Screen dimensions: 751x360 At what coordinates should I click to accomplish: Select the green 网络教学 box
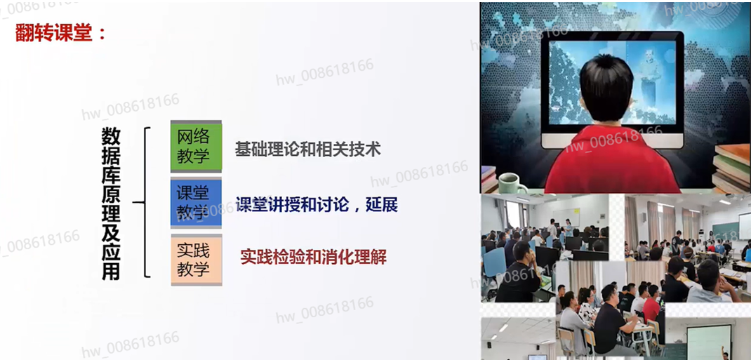[x=197, y=147]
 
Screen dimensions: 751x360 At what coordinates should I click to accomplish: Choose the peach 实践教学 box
[x=197, y=260]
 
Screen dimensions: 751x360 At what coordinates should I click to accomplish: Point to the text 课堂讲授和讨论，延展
[x=317, y=206]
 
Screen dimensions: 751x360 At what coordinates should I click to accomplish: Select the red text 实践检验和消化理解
[x=313, y=258]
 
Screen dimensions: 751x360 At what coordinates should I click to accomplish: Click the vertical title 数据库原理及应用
[x=111, y=204]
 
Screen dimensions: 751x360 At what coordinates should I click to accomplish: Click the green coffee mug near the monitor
[x=512, y=182]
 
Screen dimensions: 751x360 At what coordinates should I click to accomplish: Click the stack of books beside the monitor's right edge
[x=732, y=168]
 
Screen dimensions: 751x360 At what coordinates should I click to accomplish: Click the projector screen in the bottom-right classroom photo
[x=709, y=340]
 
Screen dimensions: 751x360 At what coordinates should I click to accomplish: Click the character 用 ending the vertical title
[x=111, y=271]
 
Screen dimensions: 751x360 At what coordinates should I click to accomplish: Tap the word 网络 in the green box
[x=194, y=138]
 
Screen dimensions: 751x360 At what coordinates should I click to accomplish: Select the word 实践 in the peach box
[x=194, y=251]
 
